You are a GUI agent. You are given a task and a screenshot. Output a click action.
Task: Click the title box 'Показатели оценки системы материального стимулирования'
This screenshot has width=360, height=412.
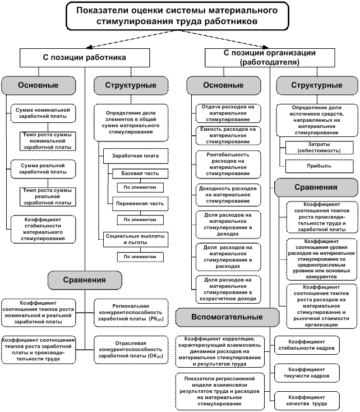pyautogui.click(x=177, y=16)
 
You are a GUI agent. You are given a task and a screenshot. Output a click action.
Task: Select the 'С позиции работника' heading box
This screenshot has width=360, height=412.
pyautogui.click(x=85, y=57)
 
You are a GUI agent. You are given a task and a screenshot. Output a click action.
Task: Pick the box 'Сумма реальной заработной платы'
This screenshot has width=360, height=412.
pyautogui.click(x=43, y=168)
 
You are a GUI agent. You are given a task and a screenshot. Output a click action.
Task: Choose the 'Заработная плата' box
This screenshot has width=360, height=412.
pyautogui.click(x=135, y=155)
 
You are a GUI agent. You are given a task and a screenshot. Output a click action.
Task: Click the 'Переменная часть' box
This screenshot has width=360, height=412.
pyautogui.click(x=140, y=203)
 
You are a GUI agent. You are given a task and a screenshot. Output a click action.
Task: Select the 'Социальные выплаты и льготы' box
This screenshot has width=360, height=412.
pyautogui.click(x=135, y=239)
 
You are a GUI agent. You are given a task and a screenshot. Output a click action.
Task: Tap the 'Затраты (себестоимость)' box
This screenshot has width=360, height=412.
pyautogui.click(x=315, y=148)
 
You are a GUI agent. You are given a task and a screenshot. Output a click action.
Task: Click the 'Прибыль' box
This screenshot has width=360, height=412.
pyautogui.click(x=315, y=166)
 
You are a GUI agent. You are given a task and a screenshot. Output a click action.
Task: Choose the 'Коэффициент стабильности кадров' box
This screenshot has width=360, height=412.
pyautogui.click(x=307, y=345)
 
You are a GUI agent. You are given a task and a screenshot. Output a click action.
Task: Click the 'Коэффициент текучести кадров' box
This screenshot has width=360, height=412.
pyautogui.click(x=307, y=373)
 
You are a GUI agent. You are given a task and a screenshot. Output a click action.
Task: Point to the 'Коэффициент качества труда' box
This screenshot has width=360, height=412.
pyautogui.click(x=307, y=400)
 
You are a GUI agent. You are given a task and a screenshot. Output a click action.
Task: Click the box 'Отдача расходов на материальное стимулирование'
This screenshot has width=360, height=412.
pyautogui.click(x=228, y=113)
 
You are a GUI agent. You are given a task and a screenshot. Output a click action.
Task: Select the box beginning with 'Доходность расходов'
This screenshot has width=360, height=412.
pyautogui.click(x=228, y=194)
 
